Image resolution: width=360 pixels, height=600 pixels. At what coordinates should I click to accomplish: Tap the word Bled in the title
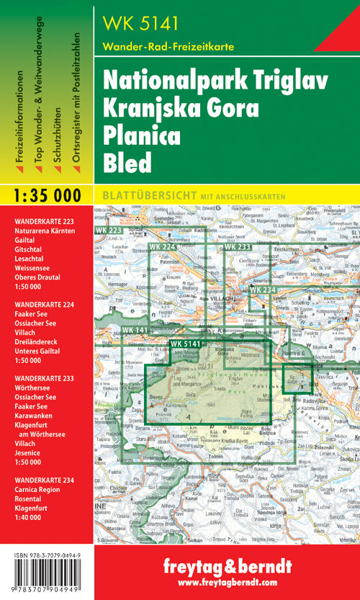(x=128, y=163)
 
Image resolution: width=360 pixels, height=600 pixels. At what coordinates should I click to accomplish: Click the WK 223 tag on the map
(x=107, y=230)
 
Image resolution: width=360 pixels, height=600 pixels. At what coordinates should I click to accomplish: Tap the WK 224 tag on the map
(x=163, y=247)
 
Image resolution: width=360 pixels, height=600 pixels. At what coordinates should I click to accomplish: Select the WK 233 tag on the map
(x=237, y=247)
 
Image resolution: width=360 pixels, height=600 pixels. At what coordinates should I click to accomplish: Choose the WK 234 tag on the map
(x=263, y=289)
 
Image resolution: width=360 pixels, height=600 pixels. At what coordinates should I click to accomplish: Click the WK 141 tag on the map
(x=135, y=329)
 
